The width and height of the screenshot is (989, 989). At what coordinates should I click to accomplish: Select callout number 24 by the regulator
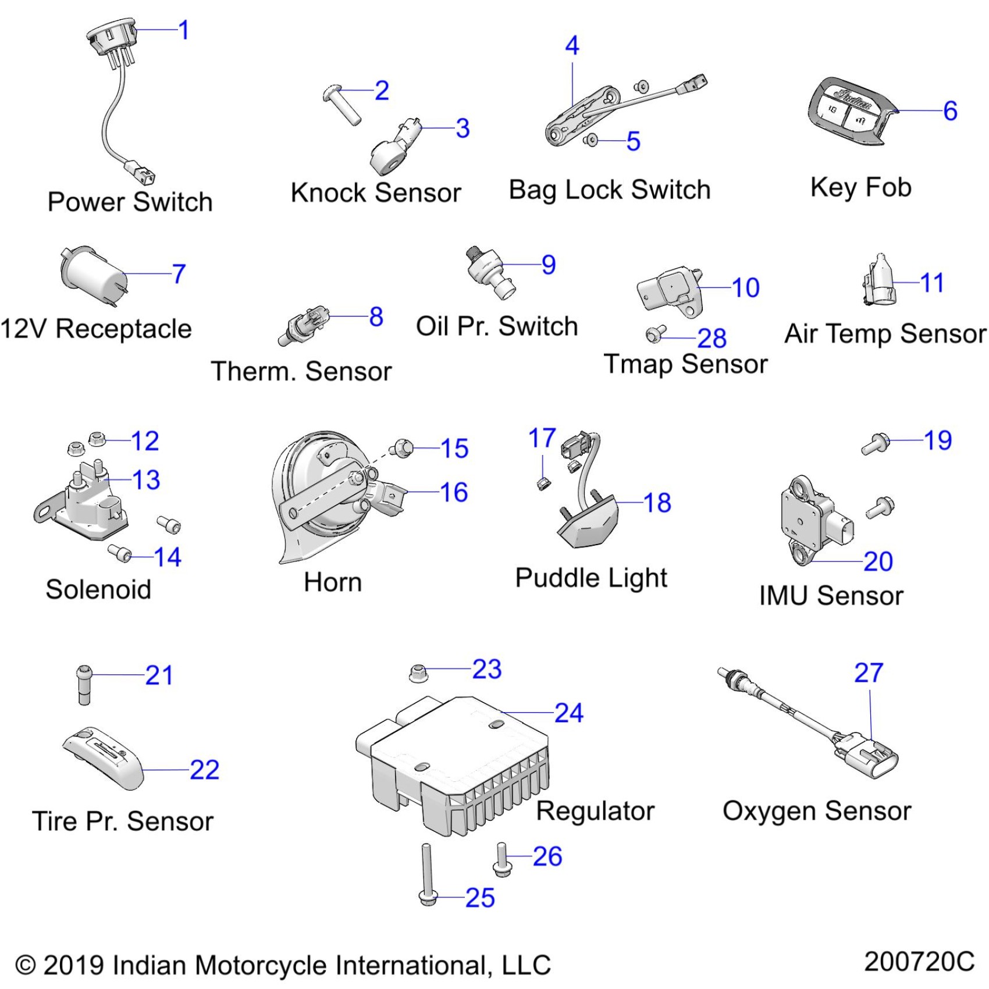pos(568,713)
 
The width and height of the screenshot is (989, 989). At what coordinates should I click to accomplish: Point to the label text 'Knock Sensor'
pos(376,193)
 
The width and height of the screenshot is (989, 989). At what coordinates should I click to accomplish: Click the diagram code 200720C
pos(919,962)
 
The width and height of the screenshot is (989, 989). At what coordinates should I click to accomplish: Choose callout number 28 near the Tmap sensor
pos(712,338)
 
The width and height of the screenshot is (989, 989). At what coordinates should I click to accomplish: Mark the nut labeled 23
pos(418,673)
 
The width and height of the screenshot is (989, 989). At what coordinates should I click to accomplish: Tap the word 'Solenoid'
pos(98,589)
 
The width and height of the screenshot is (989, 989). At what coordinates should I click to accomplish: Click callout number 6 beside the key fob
pos(950,111)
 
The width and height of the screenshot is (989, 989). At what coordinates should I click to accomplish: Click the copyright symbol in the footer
pos(26,965)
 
